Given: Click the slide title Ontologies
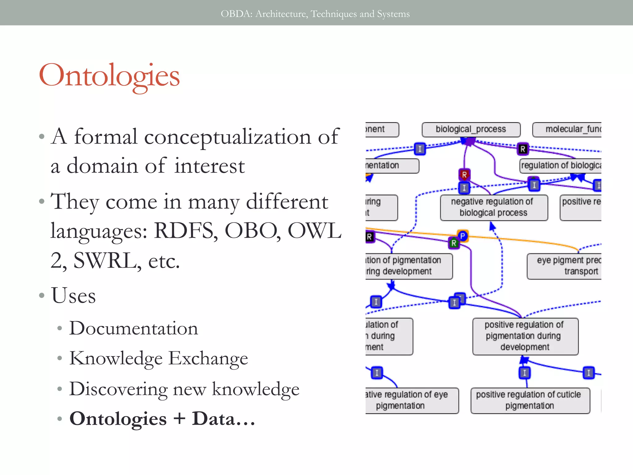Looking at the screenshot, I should tap(109, 76).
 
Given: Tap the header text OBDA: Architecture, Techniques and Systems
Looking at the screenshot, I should tap(315, 14).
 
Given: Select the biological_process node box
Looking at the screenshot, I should tap(471, 129).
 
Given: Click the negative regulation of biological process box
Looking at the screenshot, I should tap(494, 208).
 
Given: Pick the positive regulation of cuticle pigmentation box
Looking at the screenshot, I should tap(530, 400).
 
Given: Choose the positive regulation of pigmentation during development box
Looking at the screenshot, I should tap(525, 336).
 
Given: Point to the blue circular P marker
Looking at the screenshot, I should tap(463, 236).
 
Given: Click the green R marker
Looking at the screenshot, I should tap(454, 243).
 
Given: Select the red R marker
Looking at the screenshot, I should tap(464, 175).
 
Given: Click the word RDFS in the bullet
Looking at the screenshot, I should tap(185, 231).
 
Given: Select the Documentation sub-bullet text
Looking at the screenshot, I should tap(134, 328).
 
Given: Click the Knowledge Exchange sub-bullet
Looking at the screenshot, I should tap(159, 358).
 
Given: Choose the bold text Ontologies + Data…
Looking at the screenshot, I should tap(162, 419).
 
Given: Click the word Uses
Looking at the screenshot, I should tap(74, 296).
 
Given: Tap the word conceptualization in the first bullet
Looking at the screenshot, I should tap(227, 137).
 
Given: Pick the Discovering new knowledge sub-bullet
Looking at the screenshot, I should tap(184, 389).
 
